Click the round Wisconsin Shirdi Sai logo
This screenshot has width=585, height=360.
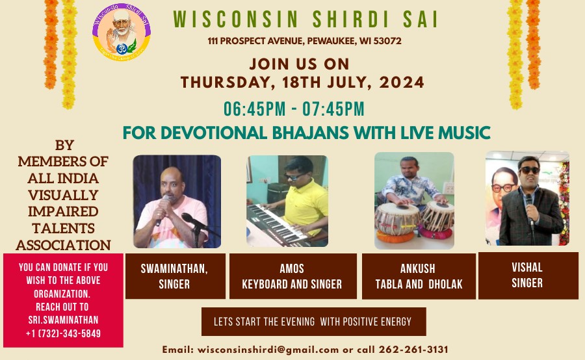[x=122, y=32]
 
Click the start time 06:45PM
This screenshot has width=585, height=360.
[x=254, y=109]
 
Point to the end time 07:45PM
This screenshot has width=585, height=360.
[x=333, y=109]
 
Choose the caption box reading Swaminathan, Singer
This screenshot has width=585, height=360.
[x=175, y=276]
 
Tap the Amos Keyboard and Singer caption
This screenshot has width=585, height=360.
[x=293, y=276]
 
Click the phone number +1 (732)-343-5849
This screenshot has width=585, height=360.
[x=64, y=333]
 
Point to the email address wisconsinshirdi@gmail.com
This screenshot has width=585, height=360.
[x=268, y=350]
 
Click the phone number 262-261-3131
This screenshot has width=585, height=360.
[x=413, y=350]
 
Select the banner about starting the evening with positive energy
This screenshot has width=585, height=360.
[x=314, y=322]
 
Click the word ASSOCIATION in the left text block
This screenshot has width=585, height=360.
[x=64, y=246]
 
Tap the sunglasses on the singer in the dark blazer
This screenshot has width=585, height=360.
[x=529, y=170]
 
